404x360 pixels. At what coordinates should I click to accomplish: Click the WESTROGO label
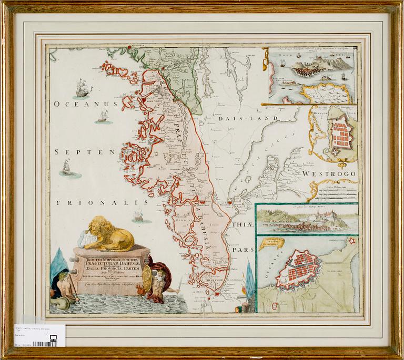coord(329,173)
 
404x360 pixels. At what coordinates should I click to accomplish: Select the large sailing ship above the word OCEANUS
coord(83,88)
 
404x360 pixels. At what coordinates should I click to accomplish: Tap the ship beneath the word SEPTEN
coord(66,168)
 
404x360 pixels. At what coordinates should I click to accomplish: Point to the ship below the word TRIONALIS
coord(139,215)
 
